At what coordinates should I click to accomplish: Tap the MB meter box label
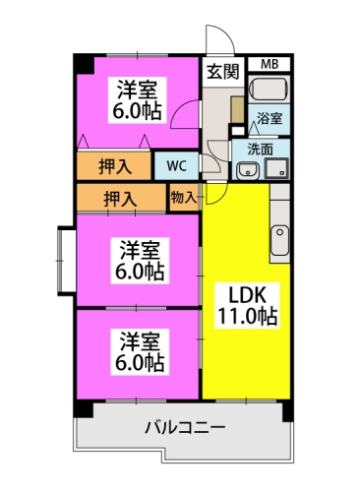coord(269,65)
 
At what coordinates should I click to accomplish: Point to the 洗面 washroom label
coord(260,150)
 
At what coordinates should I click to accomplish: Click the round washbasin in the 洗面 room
coord(247,169)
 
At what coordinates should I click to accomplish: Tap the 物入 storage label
coord(183,196)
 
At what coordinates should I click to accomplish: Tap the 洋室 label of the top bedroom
coord(139,86)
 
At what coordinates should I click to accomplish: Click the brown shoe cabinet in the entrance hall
coord(237,109)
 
